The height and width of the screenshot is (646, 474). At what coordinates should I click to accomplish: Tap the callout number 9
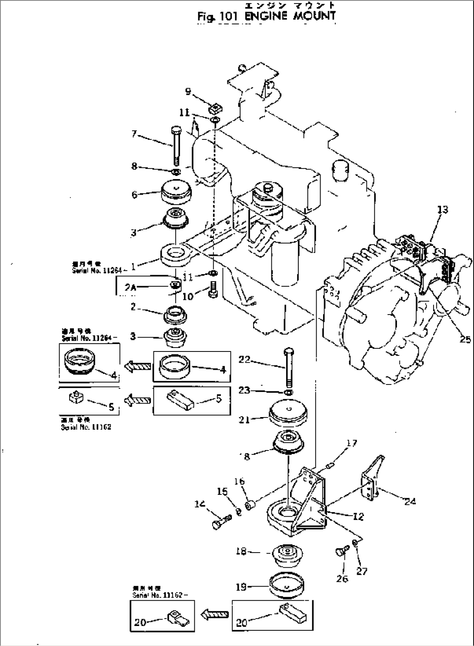pyautogui.click(x=188, y=91)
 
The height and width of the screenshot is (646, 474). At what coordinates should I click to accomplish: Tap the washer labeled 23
pyautogui.click(x=287, y=393)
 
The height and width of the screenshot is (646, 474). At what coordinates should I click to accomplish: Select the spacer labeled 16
pyautogui.click(x=250, y=506)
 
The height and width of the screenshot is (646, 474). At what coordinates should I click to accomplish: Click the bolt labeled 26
pyautogui.click(x=340, y=552)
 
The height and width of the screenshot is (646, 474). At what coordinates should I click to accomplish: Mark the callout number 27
pyautogui.click(x=362, y=571)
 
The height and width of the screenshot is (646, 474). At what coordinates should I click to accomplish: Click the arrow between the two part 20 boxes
pyautogui.click(x=214, y=614)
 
